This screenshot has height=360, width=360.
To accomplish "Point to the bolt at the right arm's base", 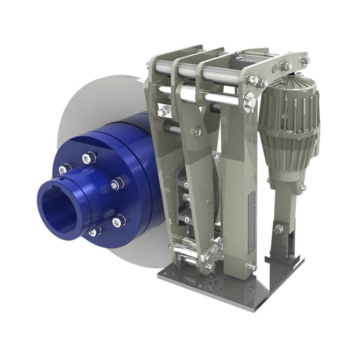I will (x=251, y=266).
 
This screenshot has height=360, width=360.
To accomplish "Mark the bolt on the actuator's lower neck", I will (x=302, y=187).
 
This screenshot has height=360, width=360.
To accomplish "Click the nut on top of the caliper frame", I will (x=238, y=55).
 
